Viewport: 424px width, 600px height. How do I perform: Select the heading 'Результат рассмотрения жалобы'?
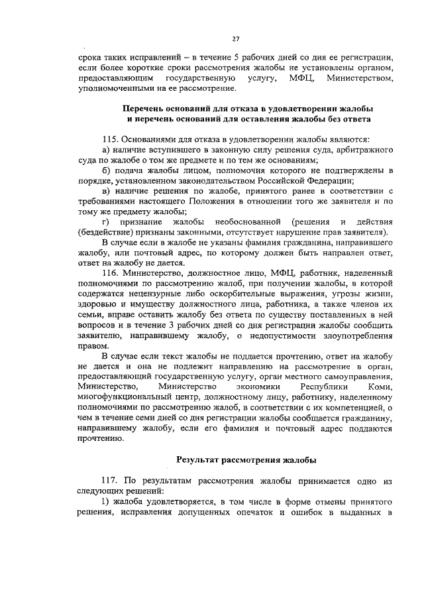point(245,459)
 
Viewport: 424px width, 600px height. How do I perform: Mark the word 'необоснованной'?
point(244,220)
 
